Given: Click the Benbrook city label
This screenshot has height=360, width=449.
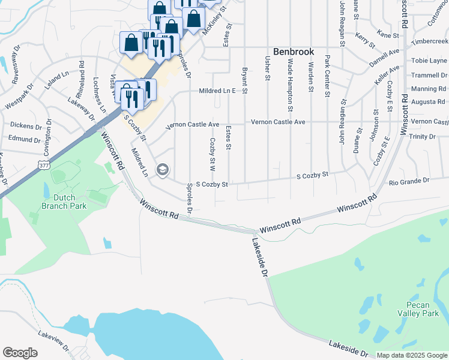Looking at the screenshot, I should tap(294, 52).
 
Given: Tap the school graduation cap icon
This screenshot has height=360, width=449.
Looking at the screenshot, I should tap(161, 170).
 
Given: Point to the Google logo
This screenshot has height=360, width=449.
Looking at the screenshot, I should tap(20, 353).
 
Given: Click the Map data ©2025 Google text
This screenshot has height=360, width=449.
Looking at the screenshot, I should tap(411, 355).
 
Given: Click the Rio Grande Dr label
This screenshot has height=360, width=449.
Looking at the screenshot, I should tap(409, 181).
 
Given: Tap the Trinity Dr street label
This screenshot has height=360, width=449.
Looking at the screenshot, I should tap(422, 137).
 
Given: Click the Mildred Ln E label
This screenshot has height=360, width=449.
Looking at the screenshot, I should tap(215, 91).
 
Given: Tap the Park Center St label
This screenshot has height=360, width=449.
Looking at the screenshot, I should tap(327, 76).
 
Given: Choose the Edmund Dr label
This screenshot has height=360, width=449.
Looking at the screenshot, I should tap(25, 138).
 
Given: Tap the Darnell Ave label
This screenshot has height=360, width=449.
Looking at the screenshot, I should tap(384, 57).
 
